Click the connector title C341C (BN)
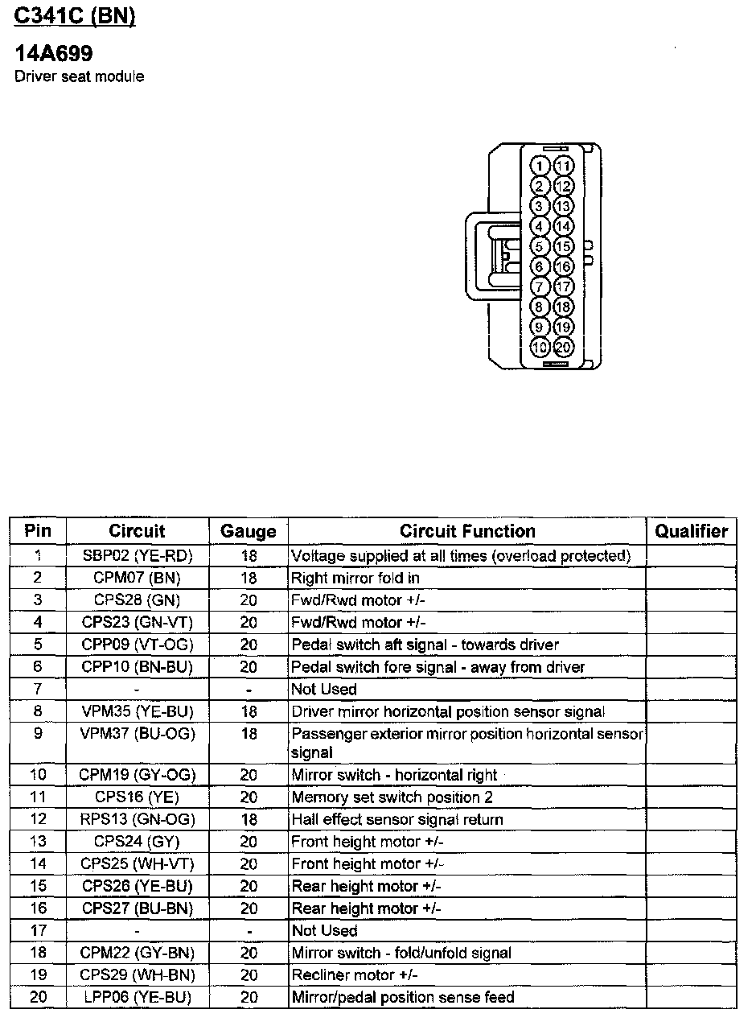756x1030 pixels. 75,17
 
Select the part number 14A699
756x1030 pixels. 54,55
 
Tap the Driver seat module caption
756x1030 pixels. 80,77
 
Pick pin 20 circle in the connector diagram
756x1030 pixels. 564,347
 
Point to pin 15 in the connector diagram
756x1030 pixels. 564,247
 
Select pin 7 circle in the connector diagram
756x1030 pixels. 541,286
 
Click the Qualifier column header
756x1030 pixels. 691,531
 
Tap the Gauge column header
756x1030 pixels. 249,531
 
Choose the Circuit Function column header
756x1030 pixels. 467,531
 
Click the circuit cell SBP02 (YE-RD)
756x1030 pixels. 137,555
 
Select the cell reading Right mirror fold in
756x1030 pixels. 355,578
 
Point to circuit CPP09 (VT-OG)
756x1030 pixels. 137,645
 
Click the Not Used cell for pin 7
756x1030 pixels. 323,689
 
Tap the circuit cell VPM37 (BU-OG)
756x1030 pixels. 137,733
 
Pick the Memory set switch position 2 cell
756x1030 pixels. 392,797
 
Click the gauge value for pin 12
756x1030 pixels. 249,819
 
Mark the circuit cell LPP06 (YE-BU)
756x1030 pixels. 137,997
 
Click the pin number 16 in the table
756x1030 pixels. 37,908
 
